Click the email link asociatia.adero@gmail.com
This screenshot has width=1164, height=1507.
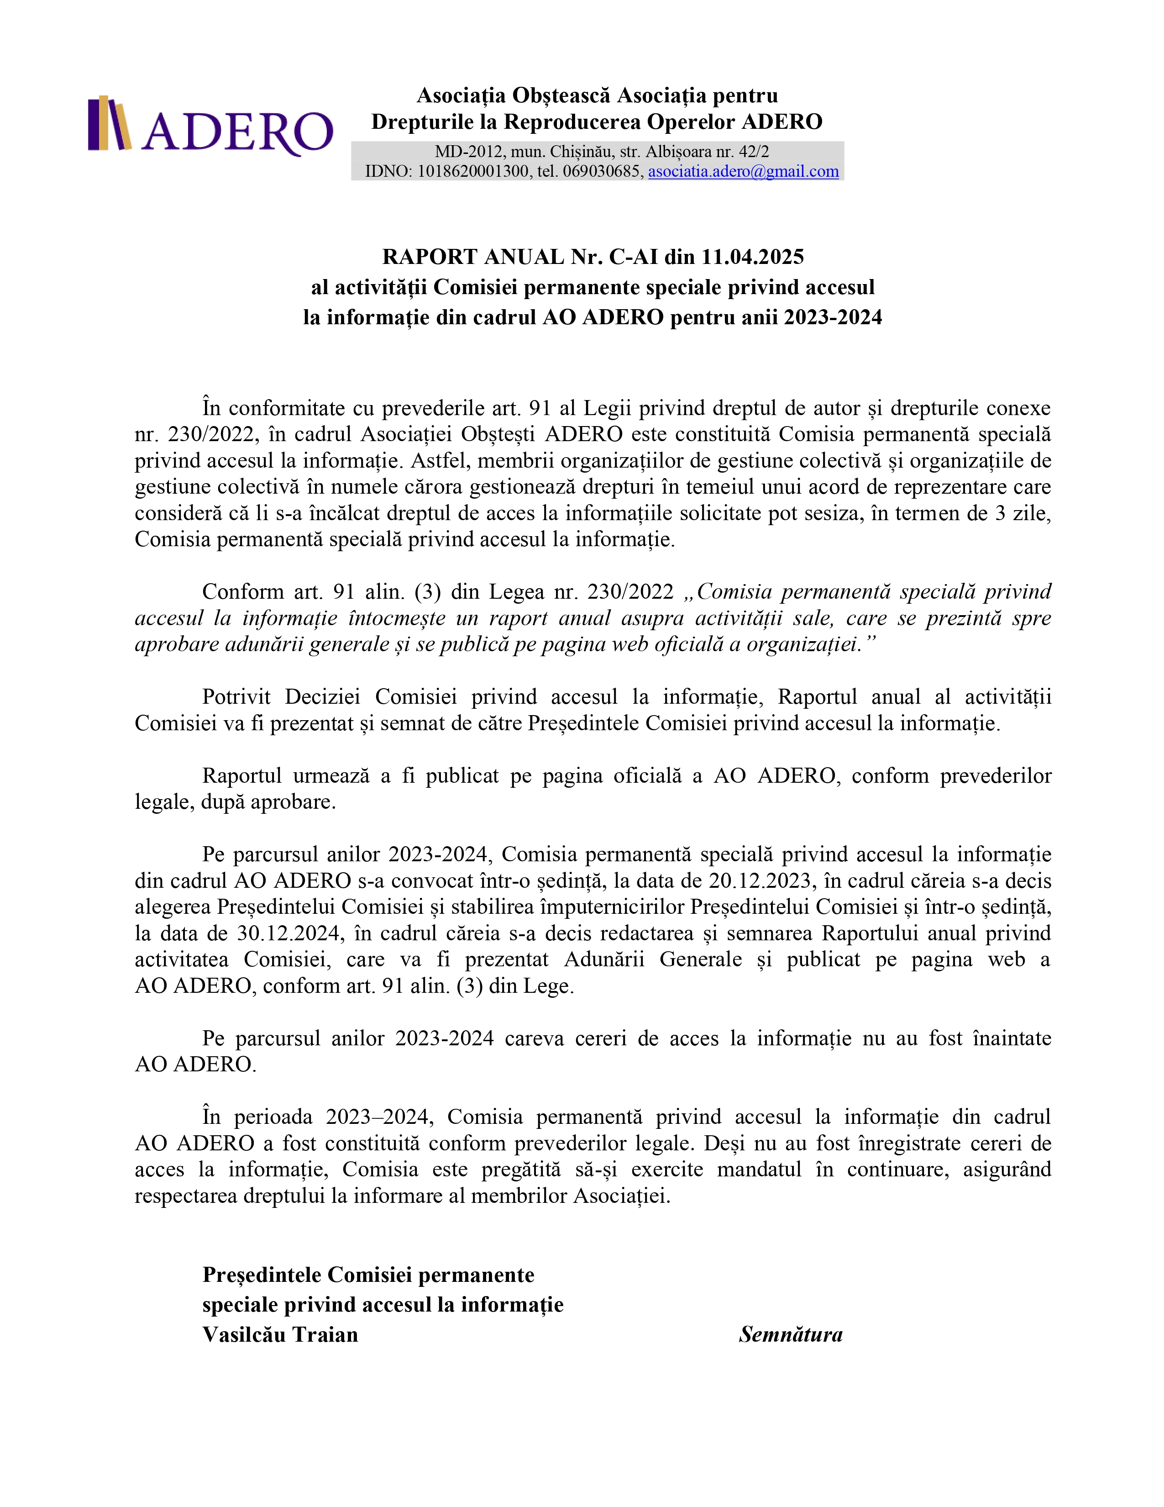pos(743,171)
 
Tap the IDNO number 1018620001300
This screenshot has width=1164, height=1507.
pos(472,171)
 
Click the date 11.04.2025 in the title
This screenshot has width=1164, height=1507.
pos(752,257)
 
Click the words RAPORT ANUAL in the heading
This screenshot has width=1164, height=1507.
pos(473,257)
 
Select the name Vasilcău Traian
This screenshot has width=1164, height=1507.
pos(280,1334)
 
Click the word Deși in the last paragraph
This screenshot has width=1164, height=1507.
pos(724,1143)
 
